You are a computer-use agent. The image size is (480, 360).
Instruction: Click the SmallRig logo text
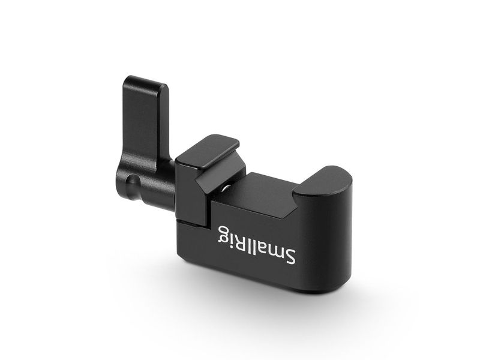[257, 245]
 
